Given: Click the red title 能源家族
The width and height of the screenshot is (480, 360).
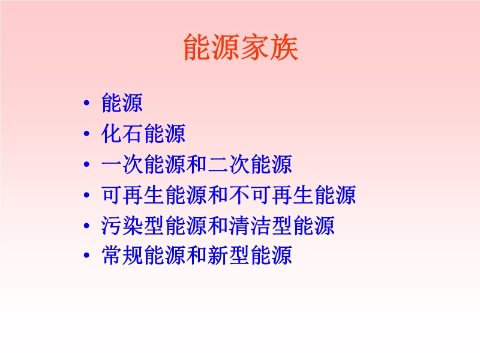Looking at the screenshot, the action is coord(241,47).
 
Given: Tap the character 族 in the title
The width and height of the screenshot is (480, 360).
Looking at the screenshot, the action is coord(284,47).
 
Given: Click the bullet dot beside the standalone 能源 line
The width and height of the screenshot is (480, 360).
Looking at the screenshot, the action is coord(86,103).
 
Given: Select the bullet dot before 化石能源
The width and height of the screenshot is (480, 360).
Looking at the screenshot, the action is coord(86,133).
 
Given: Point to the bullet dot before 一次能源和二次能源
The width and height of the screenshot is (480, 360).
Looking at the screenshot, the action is coord(86,164).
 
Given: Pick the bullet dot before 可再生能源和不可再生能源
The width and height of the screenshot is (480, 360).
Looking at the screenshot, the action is coord(86,194).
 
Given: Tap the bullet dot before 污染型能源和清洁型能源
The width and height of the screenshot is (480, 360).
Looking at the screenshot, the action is coord(86,226).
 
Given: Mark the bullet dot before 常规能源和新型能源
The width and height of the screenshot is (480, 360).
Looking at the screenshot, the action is coord(86,255).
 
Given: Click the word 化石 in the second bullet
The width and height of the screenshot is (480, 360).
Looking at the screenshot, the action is coord(122,133).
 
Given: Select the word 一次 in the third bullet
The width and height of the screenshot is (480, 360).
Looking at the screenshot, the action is coord(122,164).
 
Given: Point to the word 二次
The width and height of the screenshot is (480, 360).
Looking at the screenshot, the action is coord(229,164).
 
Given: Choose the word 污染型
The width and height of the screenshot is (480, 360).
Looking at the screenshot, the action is coord(133,226).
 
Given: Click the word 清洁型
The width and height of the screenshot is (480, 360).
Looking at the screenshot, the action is coord(261,226).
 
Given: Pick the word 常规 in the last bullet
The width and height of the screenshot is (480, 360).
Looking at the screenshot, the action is coord(122,255).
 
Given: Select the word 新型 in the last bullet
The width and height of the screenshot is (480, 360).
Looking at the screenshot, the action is coord(229,255).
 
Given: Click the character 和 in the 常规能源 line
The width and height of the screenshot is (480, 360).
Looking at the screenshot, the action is coord(197,255).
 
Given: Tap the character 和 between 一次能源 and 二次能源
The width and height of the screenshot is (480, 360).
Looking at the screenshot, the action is coord(197,164).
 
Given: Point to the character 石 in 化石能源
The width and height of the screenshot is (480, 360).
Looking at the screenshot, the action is coord(133,133).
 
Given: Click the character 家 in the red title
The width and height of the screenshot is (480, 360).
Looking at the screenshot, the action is coord(255,47).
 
